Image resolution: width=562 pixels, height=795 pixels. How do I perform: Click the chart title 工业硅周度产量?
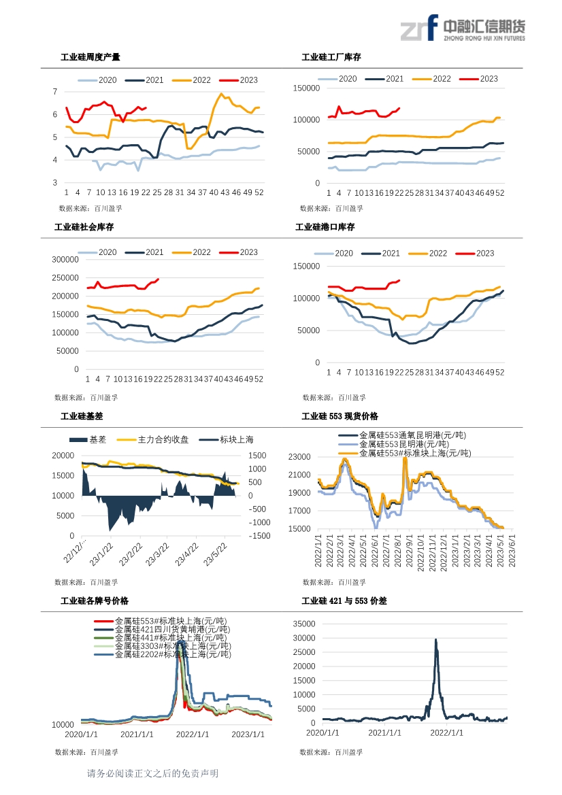90,57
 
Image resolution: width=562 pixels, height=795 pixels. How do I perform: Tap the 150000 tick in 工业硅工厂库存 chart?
305,88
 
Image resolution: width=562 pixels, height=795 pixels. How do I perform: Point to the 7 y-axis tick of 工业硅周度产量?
55,91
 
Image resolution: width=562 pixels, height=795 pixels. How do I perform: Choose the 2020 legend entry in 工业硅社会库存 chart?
98,252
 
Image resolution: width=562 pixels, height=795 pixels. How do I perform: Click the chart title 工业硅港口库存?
325,227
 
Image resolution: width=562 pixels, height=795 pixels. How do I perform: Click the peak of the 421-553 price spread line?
435,639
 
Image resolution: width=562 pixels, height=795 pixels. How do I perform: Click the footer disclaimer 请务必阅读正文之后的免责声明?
152,774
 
